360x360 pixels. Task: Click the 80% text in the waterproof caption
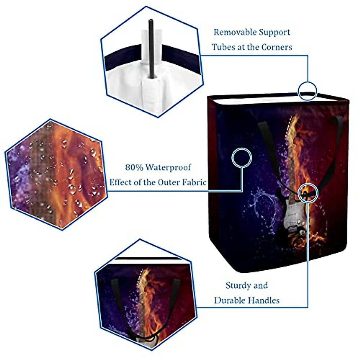(x=134, y=167)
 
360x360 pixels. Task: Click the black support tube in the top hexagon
(x=151, y=51)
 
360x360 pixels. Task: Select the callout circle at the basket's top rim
(x=307, y=91)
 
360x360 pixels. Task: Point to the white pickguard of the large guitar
(x=289, y=216)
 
